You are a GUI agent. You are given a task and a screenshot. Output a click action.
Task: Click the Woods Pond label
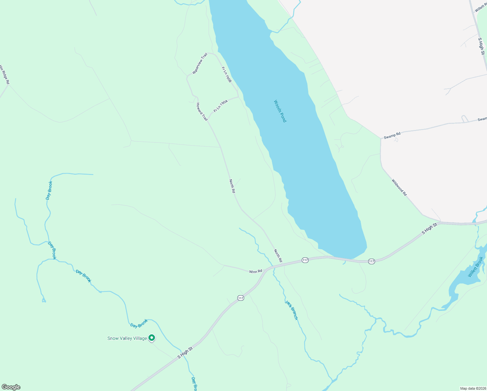click(280, 111)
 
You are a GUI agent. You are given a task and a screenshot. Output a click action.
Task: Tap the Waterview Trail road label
click(200, 64)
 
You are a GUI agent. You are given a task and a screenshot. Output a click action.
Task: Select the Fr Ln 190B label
click(226, 75)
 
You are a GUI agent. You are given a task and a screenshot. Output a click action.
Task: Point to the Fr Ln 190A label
click(221, 106)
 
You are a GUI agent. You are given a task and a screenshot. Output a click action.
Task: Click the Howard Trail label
click(202, 112)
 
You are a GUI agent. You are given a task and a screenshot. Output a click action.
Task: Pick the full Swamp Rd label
click(392, 136)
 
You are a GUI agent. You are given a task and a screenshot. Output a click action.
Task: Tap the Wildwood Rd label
click(399, 187)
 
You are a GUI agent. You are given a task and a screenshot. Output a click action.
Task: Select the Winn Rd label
click(256, 271)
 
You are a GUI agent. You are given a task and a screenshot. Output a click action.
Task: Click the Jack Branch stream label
click(291, 310)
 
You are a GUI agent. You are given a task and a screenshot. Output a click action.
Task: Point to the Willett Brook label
click(476, 267)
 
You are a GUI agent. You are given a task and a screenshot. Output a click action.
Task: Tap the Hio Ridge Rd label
click(4, 75)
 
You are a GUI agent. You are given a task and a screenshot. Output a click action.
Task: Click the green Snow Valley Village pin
click(152, 338)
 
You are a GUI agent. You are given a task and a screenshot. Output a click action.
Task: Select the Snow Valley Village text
click(127, 339)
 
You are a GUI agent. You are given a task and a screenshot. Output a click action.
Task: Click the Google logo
click(11, 387)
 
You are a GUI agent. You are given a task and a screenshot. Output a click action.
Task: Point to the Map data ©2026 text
click(473, 388)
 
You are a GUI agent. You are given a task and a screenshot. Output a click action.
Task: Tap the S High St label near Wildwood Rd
click(429, 229)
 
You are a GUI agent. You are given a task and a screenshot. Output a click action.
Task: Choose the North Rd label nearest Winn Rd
click(278, 256)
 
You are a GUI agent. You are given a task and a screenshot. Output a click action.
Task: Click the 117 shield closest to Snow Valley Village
click(241, 298)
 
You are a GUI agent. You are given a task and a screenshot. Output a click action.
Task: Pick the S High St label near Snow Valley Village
click(185, 353)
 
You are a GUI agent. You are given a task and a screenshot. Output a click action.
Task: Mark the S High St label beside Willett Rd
click(481, 46)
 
